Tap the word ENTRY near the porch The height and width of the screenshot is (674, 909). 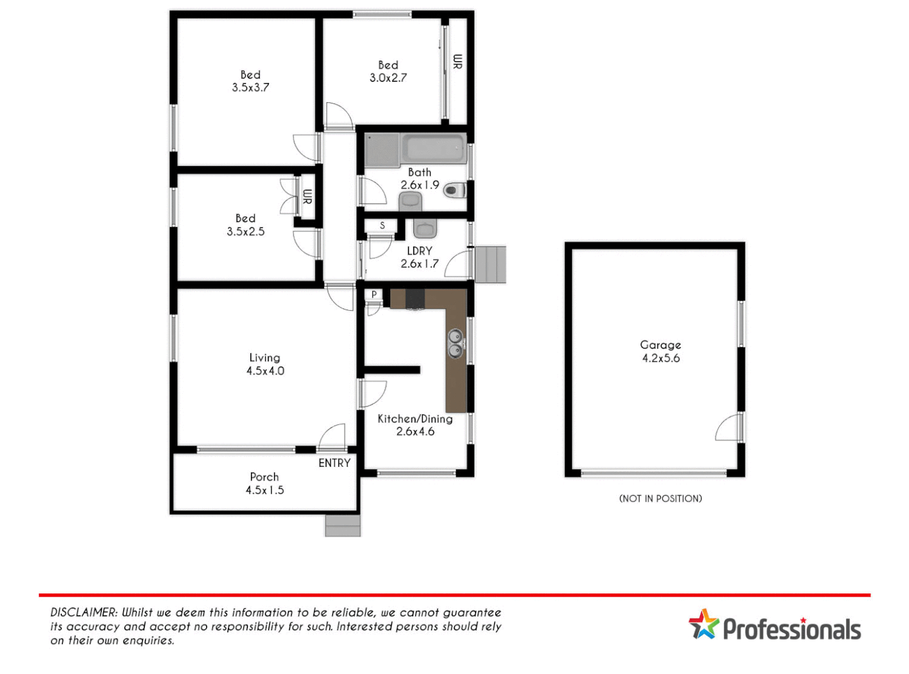[x=334, y=463]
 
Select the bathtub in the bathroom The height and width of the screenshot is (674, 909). [x=434, y=149]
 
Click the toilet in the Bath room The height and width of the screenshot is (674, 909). [x=454, y=190]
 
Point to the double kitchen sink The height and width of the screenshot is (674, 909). [x=456, y=343]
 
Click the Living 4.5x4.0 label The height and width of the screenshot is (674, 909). [x=265, y=364]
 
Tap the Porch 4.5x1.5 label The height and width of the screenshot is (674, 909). [x=265, y=484]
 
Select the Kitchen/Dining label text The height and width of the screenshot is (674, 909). [x=415, y=419]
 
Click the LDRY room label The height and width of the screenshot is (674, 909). [x=420, y=251]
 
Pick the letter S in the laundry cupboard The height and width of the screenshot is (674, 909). [x=382, y=225]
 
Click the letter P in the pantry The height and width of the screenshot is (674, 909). [x=374, y=295]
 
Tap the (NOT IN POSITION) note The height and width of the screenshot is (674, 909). [x=661, y=499]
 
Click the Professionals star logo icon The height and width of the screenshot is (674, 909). [x=704, y=624]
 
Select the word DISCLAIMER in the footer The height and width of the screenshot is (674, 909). [x=84, y=613]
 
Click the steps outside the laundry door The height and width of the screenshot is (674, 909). [x=490, y=265]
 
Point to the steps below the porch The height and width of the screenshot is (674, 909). [x=343, y=525]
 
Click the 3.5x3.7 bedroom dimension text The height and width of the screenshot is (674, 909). [x=250, y=88]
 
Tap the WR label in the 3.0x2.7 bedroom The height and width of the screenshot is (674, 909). [x=458, y=61]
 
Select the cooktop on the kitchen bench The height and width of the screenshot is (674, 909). [x=415, y=298]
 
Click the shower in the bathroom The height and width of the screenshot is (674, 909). [x=381, y=150]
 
